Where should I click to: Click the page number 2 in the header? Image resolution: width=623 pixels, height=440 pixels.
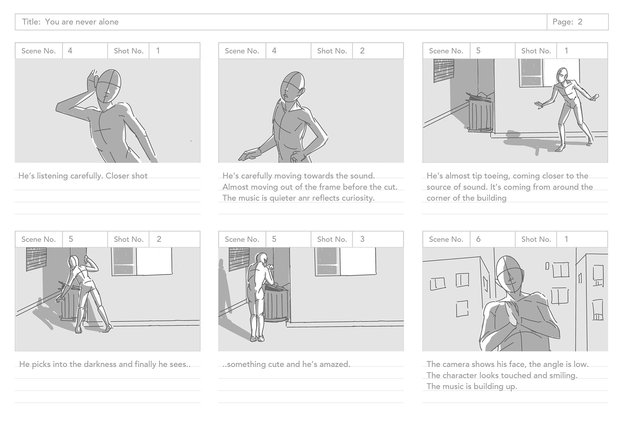[x=580, y=22]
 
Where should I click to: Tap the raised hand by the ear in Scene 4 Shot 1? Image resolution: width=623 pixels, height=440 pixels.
[x=92, y=79]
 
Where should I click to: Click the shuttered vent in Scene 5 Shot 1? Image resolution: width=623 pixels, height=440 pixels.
[x=444, y=71]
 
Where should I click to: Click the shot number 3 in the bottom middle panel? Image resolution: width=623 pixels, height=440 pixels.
[x=362, y=239]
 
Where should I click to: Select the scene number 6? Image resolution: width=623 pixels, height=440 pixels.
[x=478, y=239]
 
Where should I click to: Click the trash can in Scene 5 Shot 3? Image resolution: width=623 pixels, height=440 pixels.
[x=276, y=303]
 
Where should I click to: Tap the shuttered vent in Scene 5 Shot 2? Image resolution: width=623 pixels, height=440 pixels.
[x=36, y=259]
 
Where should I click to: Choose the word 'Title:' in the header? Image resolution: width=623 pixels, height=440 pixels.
[x=31, y=22]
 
